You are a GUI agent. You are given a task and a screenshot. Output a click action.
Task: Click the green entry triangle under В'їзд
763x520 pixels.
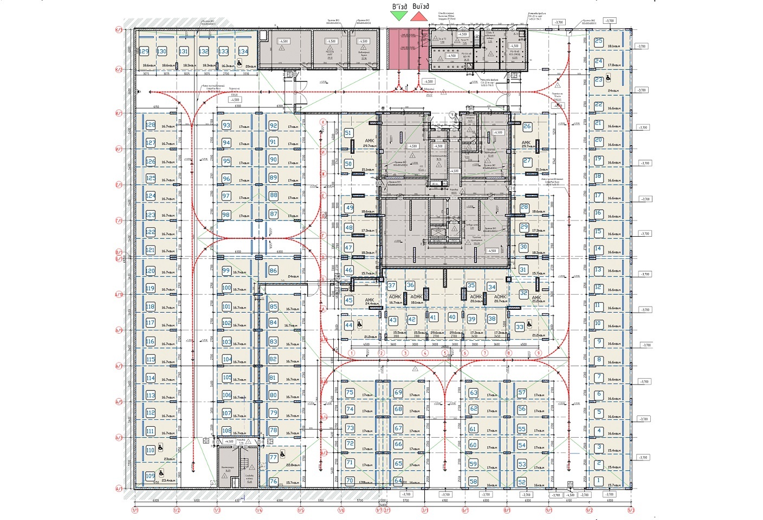pos(399,16)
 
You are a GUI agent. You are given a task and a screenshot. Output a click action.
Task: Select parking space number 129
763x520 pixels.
pos(145,51)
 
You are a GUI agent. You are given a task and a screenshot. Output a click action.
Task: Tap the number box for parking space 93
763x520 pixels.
pos(227,125)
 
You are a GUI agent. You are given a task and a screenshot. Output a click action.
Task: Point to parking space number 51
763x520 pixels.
pos(348,133)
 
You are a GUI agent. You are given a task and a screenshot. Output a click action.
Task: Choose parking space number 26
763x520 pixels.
pos(527,127)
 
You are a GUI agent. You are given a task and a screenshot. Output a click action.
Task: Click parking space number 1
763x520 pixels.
pos(598,480)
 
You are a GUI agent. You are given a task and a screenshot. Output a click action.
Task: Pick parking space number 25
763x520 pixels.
pos(599,41)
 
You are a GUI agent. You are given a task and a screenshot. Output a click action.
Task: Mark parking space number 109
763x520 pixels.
pos(150,476)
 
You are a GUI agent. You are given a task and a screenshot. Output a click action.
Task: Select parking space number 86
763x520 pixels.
pos(273,270)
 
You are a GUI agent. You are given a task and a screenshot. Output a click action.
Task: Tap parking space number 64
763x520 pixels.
pos(398,480)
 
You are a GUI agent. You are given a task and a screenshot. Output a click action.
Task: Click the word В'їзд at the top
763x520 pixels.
pos(399,6)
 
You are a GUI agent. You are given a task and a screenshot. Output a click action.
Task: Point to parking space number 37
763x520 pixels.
pos(392,285)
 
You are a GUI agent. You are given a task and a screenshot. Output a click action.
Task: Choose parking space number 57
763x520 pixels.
pos(522,393)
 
